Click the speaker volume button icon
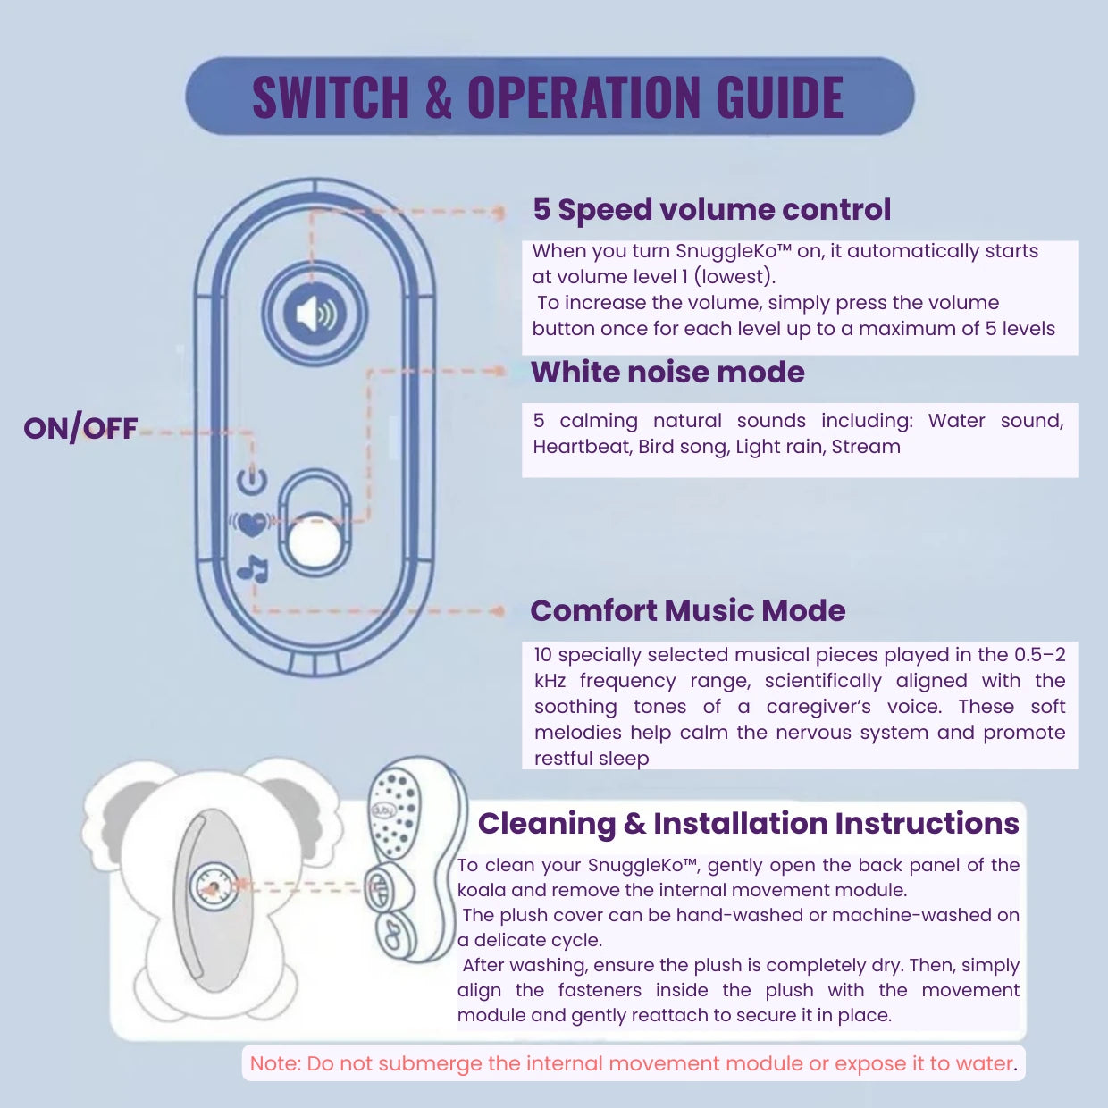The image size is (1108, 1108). click(315, 315)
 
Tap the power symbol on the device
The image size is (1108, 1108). click(253, 480)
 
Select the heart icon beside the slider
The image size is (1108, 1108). click(252, 524)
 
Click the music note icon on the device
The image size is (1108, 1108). click(253, 568)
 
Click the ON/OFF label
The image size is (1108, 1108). click(80, 429)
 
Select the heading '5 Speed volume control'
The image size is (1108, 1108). click(711, 209)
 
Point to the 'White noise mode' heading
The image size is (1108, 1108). click(667, 372)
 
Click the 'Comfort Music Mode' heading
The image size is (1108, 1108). click(687, 610)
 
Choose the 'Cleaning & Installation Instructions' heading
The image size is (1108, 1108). click(748, 823)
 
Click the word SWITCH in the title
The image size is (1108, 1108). click(330, 97)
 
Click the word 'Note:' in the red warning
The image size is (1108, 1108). click(275, 1063)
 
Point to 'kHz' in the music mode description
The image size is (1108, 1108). click(550, 681)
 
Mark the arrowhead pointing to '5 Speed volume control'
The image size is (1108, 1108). click(499, 213)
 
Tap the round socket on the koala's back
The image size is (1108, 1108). click(213, 888)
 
